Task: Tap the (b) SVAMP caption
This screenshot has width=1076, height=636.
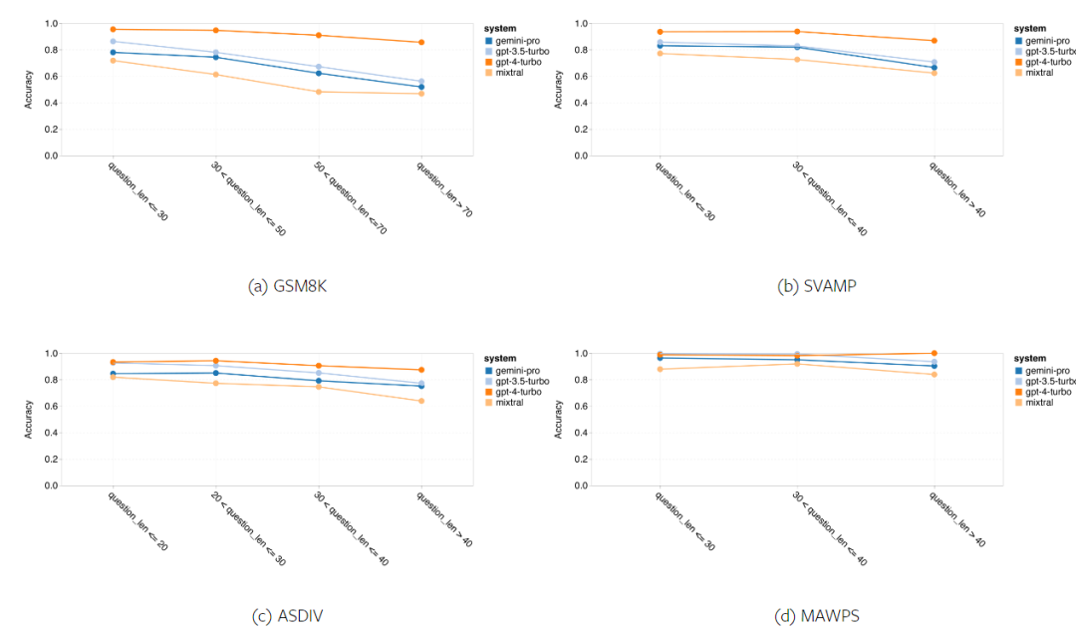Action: [817, 286]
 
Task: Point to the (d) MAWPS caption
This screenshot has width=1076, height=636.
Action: [817, 616]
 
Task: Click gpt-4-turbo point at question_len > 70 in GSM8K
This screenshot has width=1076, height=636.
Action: [421, 42]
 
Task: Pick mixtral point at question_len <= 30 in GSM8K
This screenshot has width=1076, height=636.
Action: [113, 61]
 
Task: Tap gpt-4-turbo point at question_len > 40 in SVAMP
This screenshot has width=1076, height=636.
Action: [933, 41]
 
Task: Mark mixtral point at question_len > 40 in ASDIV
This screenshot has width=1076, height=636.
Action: [421, 401]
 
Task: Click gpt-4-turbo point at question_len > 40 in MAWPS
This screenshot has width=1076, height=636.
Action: [933, 353]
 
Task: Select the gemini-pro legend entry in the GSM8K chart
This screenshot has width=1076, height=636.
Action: [516, 41]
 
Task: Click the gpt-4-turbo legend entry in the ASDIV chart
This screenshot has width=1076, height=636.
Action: [516, 392]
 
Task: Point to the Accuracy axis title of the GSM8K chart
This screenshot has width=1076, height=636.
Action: [29, 90]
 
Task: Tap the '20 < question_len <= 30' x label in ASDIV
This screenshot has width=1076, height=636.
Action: [249, 529]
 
